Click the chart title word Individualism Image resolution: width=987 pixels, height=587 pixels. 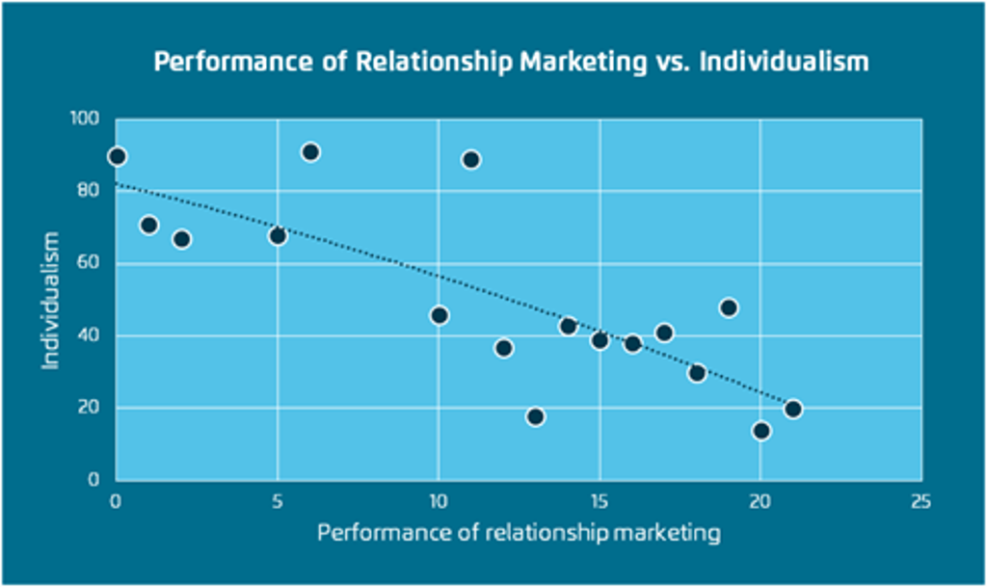click(784, 63)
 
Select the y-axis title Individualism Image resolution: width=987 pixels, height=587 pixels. click(51, 300)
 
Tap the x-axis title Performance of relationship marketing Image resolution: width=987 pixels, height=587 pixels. click(519, 533)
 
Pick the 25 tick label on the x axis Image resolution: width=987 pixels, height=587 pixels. click(920, 501)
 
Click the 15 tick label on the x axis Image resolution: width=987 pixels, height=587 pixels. click(599, 501)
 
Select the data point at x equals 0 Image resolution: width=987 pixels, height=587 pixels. click(117, 156)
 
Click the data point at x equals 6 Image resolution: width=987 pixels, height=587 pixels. click(310, 152)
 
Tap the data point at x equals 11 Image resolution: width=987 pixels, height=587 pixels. click(471, 160)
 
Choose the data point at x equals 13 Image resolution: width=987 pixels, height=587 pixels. click(536, 416)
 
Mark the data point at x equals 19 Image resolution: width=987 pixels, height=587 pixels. click(729, 308)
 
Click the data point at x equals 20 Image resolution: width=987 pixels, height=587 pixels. click(761, 431)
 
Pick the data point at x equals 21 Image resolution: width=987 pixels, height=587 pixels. click(793, 409)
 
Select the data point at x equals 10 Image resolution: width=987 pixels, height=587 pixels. click(440, 315)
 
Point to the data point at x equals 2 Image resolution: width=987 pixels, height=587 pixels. click(181, 239)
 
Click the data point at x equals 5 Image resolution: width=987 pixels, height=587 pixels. click(278, 236)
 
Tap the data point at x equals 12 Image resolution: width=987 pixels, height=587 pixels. click(503, 348)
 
